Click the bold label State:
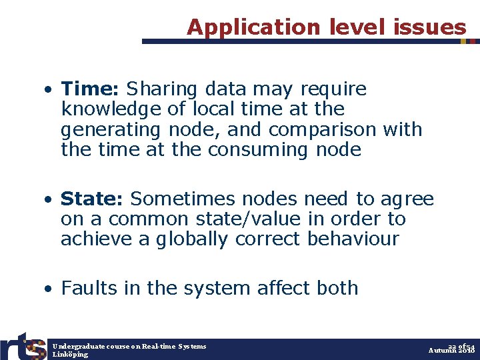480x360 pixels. (93, 199)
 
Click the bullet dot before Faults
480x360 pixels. (49, 289)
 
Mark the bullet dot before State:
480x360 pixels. (49, 199)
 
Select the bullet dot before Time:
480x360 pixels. (49, 89)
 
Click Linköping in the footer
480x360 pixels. (70, 355)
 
